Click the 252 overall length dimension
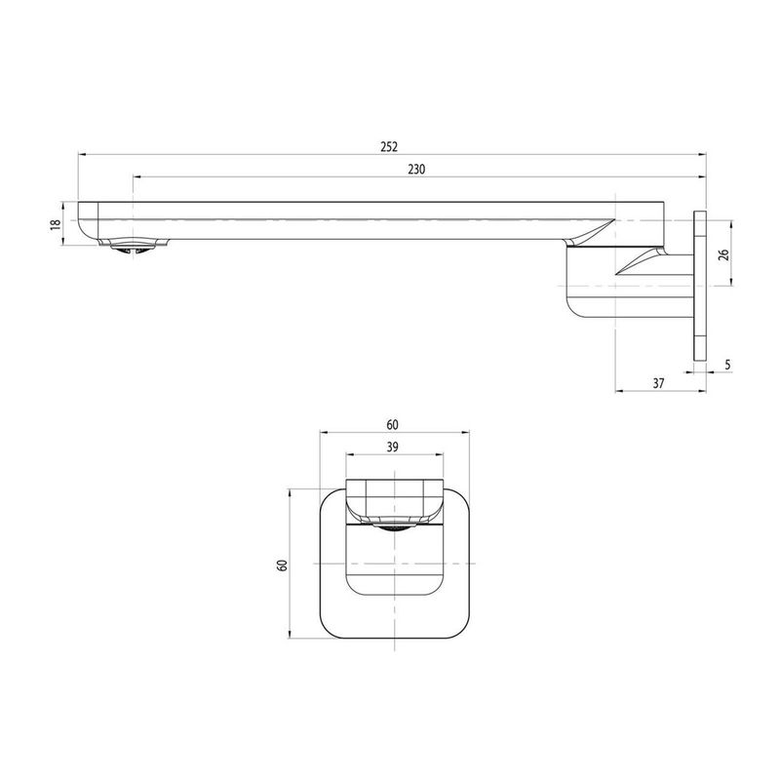(389, 147)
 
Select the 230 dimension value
(416, 169)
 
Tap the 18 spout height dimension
(57, 223)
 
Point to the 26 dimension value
(723, 253)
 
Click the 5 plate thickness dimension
(727, 365)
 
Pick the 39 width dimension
(393, 447)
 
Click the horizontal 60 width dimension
(393, 424)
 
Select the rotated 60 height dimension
(282, 565)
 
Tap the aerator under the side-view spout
(134, 247)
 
